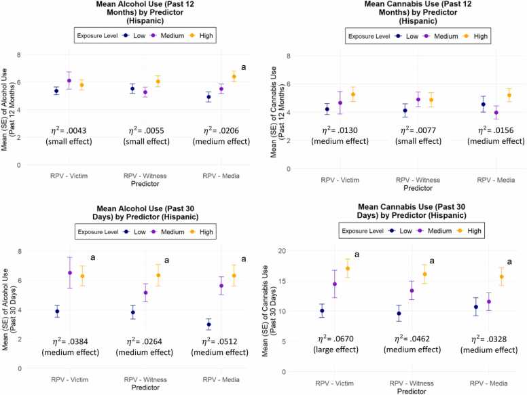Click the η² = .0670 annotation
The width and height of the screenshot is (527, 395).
335,339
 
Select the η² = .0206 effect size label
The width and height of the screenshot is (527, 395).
221,130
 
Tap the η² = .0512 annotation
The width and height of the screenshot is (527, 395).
219,341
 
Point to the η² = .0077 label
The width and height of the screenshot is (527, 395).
418,130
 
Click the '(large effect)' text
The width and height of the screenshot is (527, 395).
335,350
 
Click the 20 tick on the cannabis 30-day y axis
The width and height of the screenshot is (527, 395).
282,251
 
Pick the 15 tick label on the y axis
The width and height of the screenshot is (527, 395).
282,281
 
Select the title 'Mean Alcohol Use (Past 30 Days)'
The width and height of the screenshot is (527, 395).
145,212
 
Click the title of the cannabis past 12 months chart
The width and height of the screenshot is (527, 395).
418,12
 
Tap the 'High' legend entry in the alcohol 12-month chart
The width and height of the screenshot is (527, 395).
202,35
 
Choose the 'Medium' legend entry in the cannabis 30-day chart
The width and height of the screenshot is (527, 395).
435,231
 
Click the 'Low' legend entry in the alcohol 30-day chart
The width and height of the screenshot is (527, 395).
135,231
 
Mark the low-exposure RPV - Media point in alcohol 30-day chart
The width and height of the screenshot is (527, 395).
208,324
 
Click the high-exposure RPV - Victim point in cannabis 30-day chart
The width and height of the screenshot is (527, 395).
348,268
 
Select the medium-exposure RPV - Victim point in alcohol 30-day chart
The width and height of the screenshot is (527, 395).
69,273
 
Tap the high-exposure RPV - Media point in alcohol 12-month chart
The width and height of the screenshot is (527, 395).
234,77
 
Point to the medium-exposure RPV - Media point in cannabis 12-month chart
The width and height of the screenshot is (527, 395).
496,113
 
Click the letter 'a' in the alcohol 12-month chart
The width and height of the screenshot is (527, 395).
243,67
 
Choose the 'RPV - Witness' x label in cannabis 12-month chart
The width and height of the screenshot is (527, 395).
418,180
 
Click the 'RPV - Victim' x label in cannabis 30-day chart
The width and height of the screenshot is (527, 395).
334,383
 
